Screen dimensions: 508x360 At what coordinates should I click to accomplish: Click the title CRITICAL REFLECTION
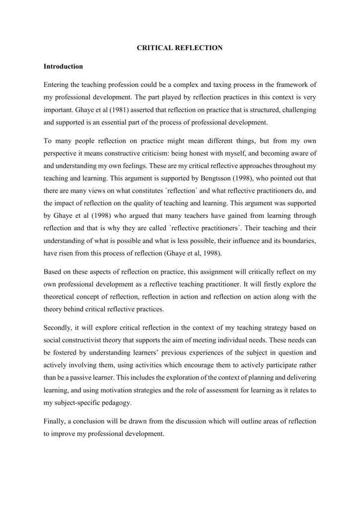tap(180, 48)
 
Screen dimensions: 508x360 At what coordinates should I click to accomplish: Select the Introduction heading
tap(63, 66)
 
